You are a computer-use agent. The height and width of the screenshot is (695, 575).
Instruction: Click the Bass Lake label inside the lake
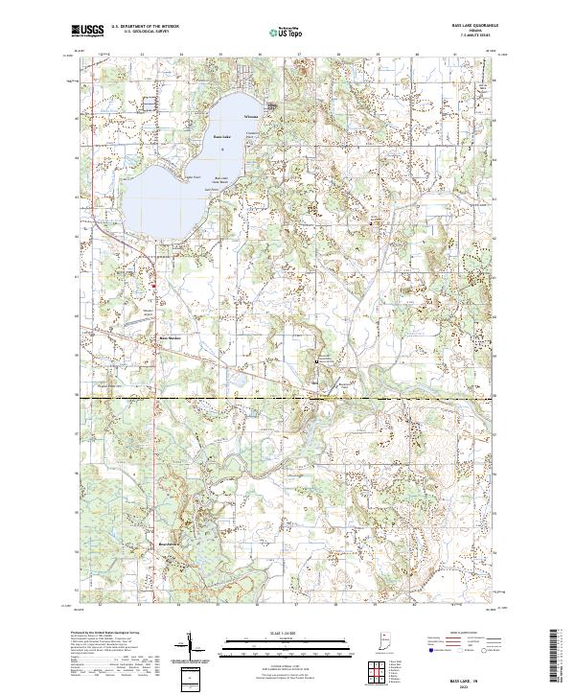click(x=222, y=137)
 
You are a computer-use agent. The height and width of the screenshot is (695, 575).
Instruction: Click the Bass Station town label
click(x=170, y=337)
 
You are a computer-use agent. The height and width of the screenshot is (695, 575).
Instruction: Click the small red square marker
click(x=154, y=282)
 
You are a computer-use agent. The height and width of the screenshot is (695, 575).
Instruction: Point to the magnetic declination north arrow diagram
click(x=189, y=649)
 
